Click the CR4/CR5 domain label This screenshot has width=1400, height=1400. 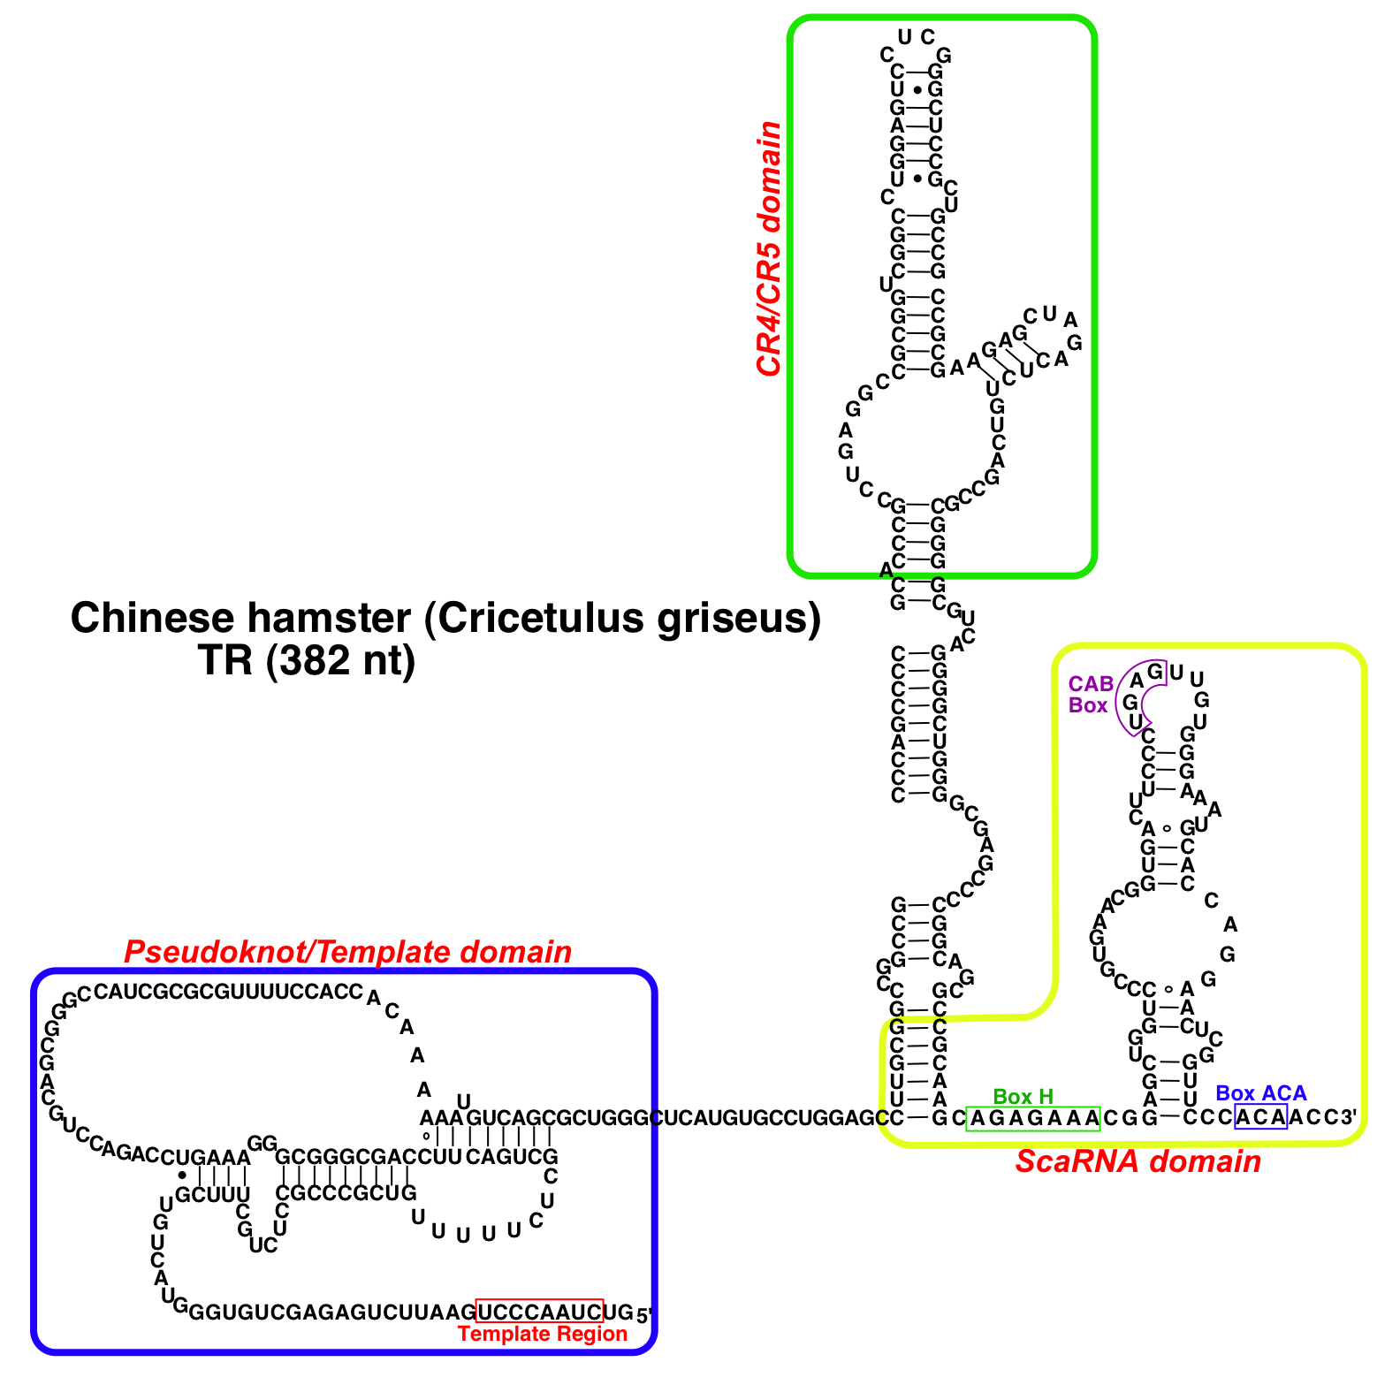[x=769, y=249]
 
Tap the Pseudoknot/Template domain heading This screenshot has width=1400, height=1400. [x=347, y=952]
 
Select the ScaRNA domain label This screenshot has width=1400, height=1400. [x=1137, y=1161]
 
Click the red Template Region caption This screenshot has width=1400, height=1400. [x=543, y=1334]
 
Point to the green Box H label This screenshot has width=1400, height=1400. [x=1023, y=1097]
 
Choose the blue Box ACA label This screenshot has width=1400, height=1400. [x=1260, y=1093]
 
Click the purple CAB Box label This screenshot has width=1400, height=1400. [x=1090, y=695]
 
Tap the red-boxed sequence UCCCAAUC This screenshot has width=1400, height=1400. [x=539, y=1312]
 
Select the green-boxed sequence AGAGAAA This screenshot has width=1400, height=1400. [x=1033, y=1119]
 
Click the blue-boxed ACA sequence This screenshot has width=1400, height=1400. [x=1260, y=1117]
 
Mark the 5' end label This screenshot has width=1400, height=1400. [x=644, y=1314]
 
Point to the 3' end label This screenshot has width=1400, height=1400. [x=1348, y=1117]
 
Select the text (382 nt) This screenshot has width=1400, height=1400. [x=339, y=660]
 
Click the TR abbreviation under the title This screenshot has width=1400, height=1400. [x=226, y=660]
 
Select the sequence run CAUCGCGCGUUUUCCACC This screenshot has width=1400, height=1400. [x=228, y=992]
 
